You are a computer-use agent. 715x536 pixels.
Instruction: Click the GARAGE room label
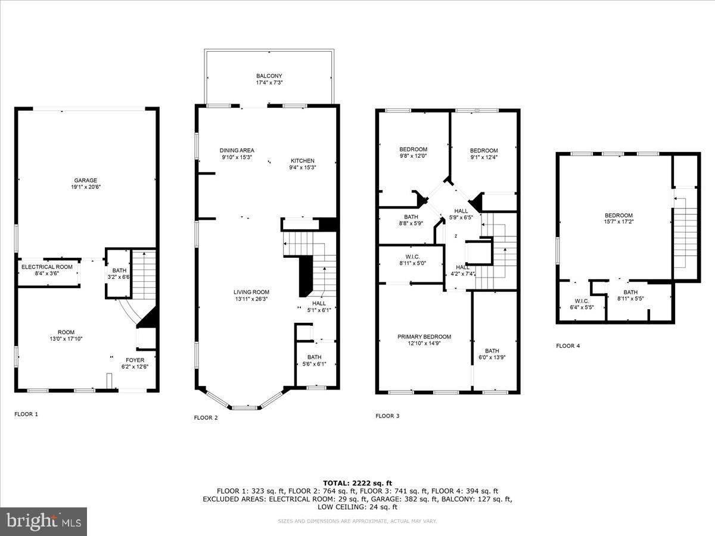(x=85, y=180)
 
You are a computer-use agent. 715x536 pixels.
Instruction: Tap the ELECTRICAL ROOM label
(x=47, y=267)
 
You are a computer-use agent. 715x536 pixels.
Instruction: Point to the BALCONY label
(x=269, y=76)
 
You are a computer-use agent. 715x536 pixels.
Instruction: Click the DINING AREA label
(x=237, y=151)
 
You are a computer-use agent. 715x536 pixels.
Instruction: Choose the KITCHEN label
(x=302, y=161)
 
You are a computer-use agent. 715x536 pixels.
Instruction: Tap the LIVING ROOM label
(x=251, y=292)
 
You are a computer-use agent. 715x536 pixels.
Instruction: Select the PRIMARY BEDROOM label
(x=424, y=336)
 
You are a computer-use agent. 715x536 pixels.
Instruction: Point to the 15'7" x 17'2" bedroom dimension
(x=618, y=223)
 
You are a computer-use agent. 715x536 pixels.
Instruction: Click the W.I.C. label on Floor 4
(x=582, y=300)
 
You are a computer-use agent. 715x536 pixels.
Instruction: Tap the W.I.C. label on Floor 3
(x=411, y=255)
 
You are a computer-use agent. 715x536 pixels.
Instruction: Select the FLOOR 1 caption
(x=26, y=413)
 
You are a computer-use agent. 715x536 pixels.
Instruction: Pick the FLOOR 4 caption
(x=568, y=345)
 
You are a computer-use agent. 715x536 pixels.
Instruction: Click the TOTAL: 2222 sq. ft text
(x=357, y=482)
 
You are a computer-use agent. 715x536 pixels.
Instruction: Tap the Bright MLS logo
(x=43, y=522)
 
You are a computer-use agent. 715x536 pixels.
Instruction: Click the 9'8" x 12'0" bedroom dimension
(x=413, y=156)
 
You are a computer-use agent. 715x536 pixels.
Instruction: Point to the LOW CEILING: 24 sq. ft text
(x=357, y=507)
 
